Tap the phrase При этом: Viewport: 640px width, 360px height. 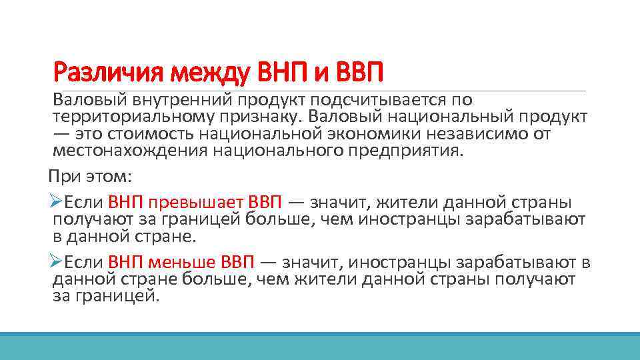[x=90, y=177]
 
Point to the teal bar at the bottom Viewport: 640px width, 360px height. [x=320, y=346]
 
